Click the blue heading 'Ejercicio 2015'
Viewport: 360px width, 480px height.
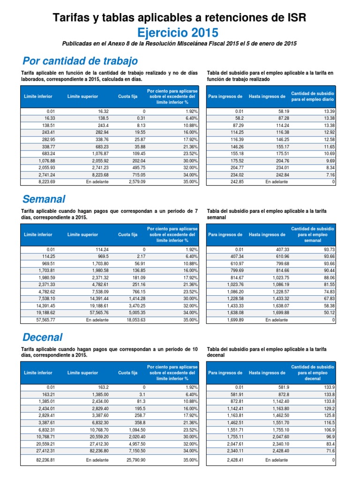pyautogui.click(x=178, y=32)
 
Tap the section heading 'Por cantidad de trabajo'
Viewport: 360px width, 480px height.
pyautogui.click(x=80, y=61)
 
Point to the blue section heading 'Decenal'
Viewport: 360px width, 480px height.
pyautogui.click(x=42, y=337)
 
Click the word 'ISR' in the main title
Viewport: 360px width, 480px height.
pyautogui.click(x=294, y=18)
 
